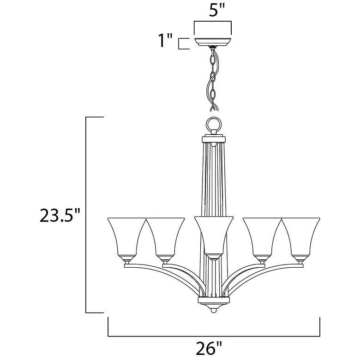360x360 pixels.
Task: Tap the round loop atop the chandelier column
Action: [213, 126]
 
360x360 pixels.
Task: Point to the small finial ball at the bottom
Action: [213, 312]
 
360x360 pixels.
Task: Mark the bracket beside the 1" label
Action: [182, 43]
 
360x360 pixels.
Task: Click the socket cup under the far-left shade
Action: [126, 263]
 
